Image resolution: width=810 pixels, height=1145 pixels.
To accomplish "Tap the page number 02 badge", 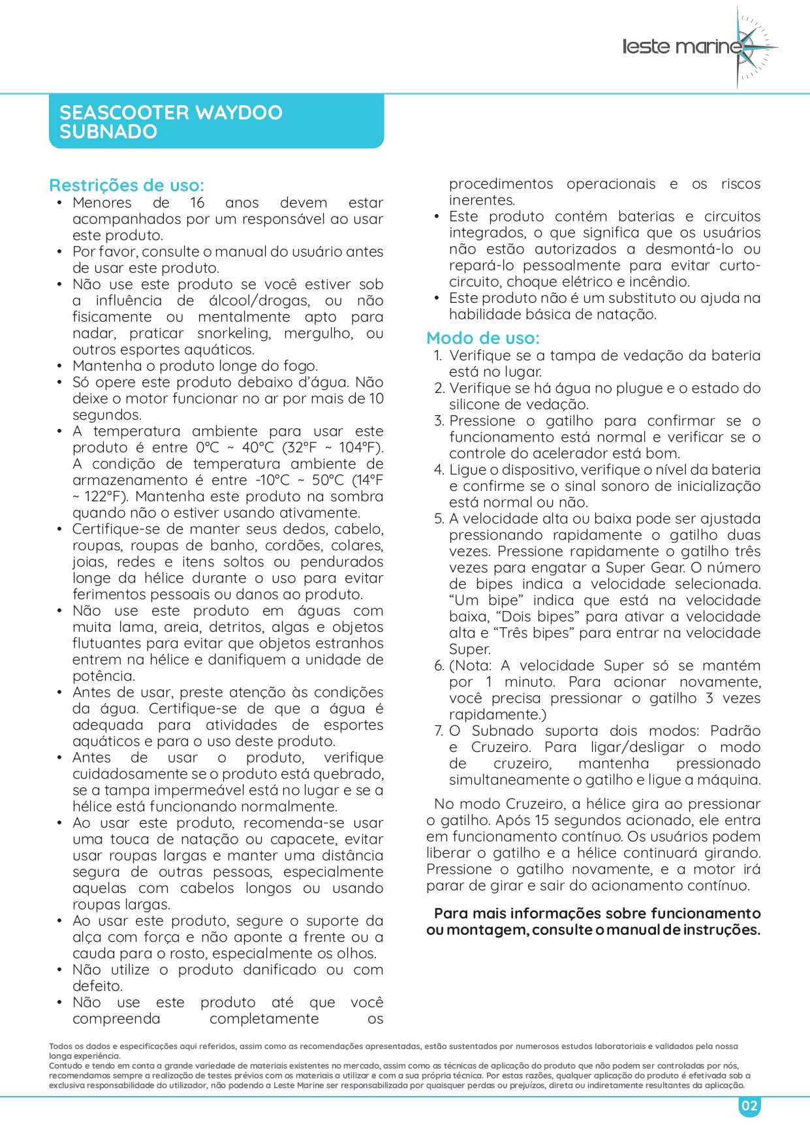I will (749, 1106).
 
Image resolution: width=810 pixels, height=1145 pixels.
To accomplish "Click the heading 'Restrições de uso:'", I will (127, 185).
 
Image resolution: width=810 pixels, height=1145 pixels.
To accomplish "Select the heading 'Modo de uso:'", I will (483, 338).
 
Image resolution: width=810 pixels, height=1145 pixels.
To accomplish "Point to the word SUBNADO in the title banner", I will (108, 132).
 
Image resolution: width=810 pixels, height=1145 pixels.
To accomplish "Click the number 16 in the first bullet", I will (197, 203).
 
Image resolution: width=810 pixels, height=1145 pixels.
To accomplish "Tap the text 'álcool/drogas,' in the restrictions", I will (258, 301).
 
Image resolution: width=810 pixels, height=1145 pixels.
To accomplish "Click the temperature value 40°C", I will (259, 448).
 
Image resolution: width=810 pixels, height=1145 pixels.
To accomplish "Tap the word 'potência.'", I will (103, 676).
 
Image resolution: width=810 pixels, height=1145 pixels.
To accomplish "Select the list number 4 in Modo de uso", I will (439, 470).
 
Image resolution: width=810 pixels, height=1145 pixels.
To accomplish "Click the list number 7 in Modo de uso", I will (439, 731).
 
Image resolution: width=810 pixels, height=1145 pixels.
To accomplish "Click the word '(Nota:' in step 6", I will (469, 666).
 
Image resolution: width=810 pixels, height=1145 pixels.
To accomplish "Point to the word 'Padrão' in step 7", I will (735, 731).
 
